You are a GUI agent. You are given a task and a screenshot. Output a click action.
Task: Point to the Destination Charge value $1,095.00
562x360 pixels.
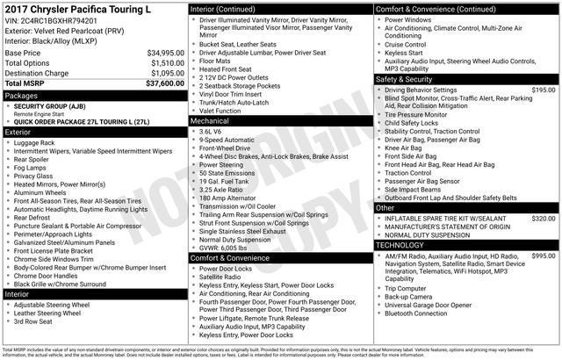(164, 73)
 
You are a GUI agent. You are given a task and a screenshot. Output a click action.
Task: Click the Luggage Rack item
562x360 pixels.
(34, 142)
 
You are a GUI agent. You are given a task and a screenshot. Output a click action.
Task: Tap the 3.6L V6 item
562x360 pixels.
(212, 130)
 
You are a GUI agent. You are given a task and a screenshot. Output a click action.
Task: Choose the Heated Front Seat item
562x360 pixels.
(226, 68)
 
